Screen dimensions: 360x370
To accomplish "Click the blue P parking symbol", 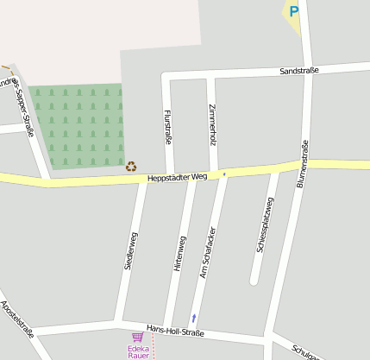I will tap(293, 11).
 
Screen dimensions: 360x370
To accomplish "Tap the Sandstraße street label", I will tap(300, 71).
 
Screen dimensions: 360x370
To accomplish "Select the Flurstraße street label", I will tap(167, 126).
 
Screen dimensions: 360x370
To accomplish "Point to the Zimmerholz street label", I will tap(213, 124).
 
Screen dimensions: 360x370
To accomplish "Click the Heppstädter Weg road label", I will tap(178, 177).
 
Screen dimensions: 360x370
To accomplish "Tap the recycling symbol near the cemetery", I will tap(131, 166).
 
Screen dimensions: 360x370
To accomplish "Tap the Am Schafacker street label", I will tap(207, 255).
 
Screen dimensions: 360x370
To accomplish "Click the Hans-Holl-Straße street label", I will tap(175, 332).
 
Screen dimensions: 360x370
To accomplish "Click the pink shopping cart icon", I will tap(137, 337).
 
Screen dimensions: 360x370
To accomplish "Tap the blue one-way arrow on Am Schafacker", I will tap(194, 318).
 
